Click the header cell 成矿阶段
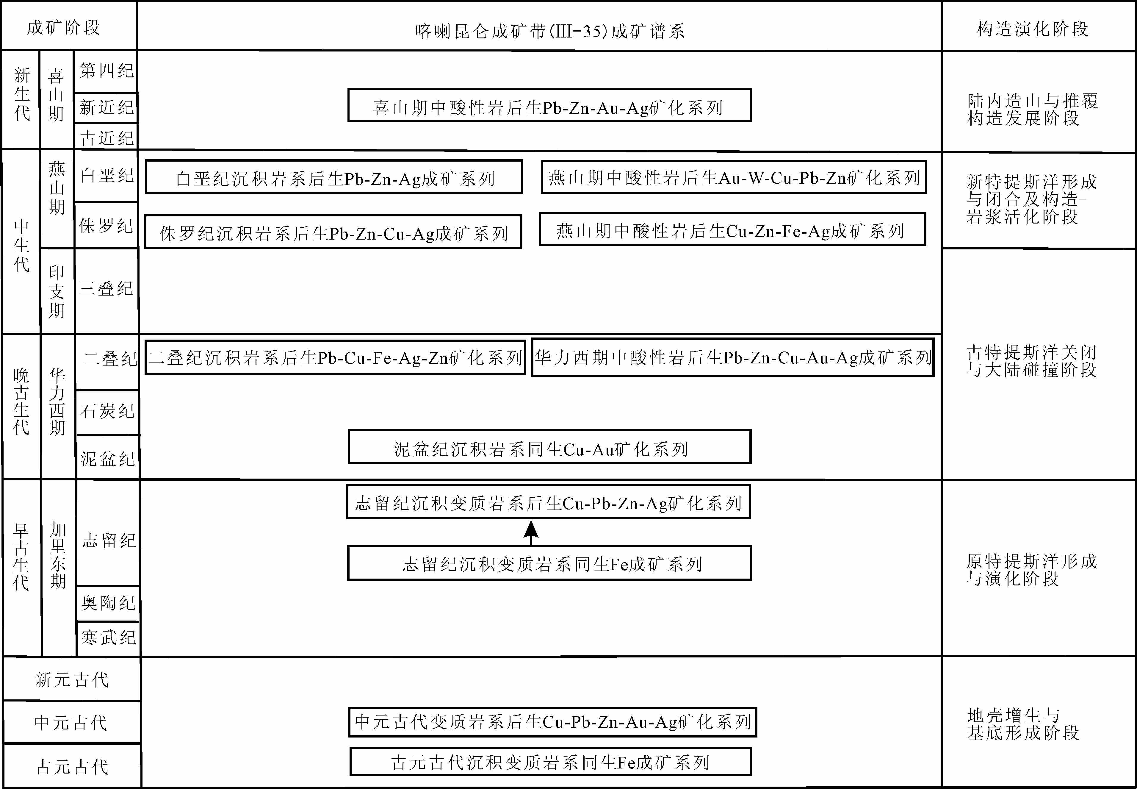click(x=64, y=28)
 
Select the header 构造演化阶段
click(x=1033, y=29)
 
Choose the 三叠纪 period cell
click(x=106, y=289)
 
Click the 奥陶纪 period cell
click(x=108, y=603)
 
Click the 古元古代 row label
click(x=72, y=767)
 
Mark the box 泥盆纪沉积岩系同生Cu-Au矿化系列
click(x=549, y=447)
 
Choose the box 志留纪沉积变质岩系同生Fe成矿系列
click(x=549, y=563)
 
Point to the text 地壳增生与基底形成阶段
click(x=1023, y=724)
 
